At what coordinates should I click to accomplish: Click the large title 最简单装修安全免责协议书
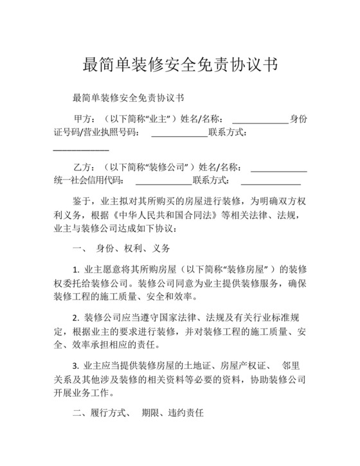coord(180,64)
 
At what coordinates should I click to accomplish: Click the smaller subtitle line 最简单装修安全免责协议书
coord(129,98)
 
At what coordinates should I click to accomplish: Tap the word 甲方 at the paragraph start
coord(84,119)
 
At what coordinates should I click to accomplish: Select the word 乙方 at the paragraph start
coord(84,166)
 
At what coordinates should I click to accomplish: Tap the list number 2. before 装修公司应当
coord(76,318)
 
